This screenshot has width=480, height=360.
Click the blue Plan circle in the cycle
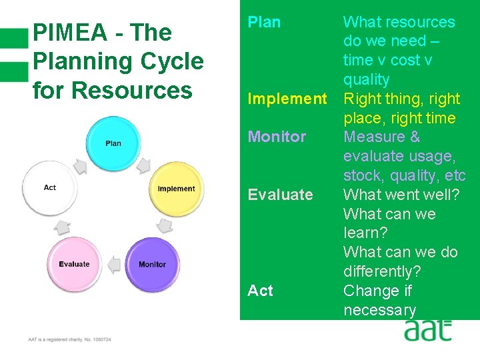(x=113, y=143)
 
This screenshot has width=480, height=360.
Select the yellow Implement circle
(x=176, y=189)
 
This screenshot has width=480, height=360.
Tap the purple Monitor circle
(x=152, y=265)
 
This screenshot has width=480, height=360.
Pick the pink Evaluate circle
(x=74, y=265)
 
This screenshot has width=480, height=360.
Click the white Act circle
(x=50, y=188)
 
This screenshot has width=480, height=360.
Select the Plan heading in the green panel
(x=264, y=22)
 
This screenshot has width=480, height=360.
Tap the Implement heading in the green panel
(x=287, y=99)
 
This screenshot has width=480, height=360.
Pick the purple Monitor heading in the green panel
(x=277, y=137)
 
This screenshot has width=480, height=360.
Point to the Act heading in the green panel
(x=260, y=291)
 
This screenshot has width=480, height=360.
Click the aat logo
(x=427, y=330)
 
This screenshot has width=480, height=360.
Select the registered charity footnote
(x=69, y=339)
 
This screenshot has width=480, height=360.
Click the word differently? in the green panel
(x=381, y=271)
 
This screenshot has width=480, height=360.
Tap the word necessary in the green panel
(x=379, y=310)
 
